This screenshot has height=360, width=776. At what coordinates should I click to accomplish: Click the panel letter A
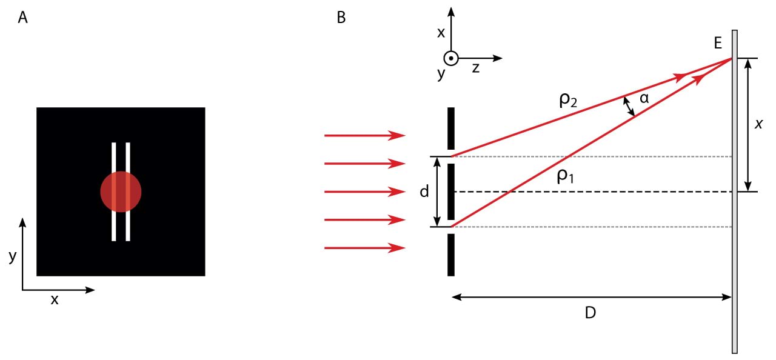point(23,18)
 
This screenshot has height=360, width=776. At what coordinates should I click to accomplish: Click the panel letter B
point(341,18)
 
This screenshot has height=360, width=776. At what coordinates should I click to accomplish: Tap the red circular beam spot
point(121,192)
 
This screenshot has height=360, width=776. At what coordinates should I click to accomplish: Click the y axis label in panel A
point(12,256)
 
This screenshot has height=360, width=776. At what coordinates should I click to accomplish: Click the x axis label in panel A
point(55,299)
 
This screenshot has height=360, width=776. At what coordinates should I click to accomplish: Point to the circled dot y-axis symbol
point(450,58)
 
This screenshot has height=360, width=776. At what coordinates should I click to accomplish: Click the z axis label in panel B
point(476,68)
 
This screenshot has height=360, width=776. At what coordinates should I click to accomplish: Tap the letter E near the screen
point(718,43)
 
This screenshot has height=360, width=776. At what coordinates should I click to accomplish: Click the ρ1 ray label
point(565,177)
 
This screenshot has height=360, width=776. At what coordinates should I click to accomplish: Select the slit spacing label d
point(424,192)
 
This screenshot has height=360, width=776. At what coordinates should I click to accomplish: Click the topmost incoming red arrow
point(364,135)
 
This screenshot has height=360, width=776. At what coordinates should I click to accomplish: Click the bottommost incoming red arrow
point(364,247)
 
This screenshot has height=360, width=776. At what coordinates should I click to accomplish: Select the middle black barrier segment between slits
point(451,192)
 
